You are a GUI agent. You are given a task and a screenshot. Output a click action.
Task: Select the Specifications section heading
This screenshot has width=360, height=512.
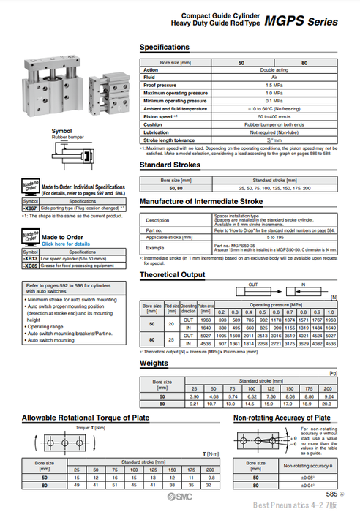coord(164,47)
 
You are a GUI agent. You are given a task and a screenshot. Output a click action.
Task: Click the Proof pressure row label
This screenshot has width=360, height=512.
coord(162,85)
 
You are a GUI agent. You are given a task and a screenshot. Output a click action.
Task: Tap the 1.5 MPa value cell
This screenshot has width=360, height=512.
coord(274,85)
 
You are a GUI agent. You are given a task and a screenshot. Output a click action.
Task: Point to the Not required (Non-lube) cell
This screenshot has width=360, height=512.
coord(274,132)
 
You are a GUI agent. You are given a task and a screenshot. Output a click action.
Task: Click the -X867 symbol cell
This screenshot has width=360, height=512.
coord(30,208)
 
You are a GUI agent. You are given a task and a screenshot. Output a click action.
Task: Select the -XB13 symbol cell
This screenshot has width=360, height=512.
coord(30,259)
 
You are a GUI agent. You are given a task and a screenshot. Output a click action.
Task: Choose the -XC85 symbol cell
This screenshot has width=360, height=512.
coord(30,266)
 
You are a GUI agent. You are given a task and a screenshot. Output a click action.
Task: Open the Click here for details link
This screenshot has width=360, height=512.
coord(67,244)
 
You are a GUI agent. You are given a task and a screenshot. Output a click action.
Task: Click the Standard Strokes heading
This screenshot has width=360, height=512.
coord(169,165)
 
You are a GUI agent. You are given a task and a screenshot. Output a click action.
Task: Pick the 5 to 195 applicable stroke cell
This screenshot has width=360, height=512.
coord(275,238)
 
